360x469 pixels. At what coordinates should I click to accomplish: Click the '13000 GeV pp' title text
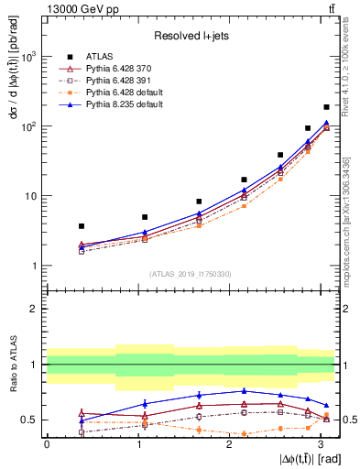point(77,8)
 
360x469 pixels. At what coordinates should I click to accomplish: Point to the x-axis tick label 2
point(229,443)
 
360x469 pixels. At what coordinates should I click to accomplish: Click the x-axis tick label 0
point(47,443)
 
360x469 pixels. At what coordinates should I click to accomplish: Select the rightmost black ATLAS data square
point(326,107)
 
